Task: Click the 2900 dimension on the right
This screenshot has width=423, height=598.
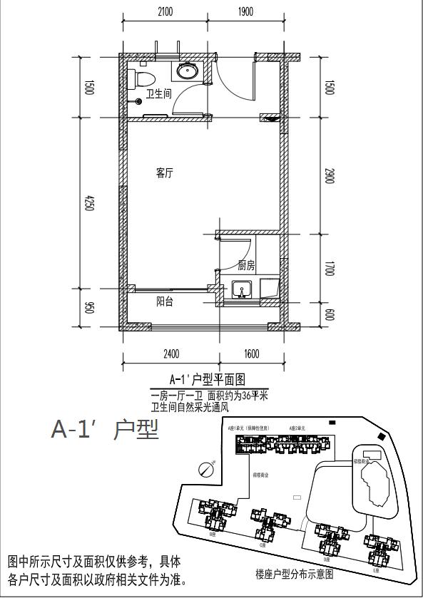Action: coord(329,176)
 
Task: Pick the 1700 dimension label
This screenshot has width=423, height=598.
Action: coord(329,269)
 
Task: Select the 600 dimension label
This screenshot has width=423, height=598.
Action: coord(329,314)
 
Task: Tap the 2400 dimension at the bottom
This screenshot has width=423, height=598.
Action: coord(171,354)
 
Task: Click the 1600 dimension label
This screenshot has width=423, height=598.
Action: coord(251,354)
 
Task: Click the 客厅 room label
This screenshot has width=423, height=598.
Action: coord(165,173)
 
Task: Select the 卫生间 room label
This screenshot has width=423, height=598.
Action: coord(158,93)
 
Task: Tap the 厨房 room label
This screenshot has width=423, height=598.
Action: coord(247,265)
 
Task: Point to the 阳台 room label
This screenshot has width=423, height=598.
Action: coord(165,301)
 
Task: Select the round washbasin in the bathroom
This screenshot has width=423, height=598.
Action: coord(188,71)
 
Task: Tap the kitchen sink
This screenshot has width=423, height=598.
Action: coord(243,290)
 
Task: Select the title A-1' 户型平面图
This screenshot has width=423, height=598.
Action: coord(207,379)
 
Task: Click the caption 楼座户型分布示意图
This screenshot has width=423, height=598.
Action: coord(294,573)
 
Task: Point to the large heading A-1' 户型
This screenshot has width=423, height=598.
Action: coord(105,429)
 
